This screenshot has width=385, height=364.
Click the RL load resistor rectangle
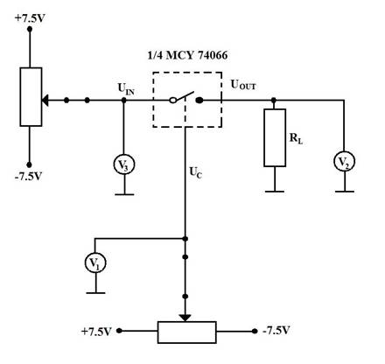point(275,138)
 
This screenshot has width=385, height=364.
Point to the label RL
point(296,138)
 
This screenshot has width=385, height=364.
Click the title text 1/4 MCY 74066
point(187,55)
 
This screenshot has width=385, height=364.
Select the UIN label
point(126,89)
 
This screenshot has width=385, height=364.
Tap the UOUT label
point(243,85)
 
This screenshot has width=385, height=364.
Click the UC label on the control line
point(196,172)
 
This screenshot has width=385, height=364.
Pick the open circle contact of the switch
point(172,101)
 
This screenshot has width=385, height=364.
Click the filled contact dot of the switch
point(199,101)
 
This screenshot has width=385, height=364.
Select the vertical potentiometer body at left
point(31,97)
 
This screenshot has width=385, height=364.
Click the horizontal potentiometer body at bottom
point(187,332)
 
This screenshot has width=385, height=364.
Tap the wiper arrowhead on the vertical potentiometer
point(45,101)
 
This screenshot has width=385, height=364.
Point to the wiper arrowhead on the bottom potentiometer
point(185,318)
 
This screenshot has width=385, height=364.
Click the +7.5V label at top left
point(30,18)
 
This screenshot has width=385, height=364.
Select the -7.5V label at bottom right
point(276,331)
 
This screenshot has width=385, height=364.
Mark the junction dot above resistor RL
point(274,101)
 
